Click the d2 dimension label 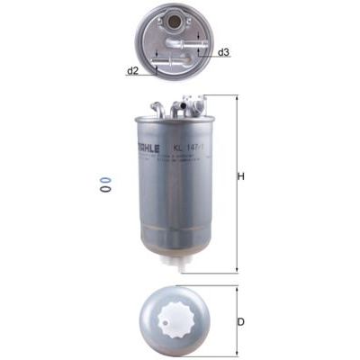tap(132, 69)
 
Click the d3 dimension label tap(223, 52)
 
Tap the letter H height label tap(241, 177)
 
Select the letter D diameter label tap(240, 321)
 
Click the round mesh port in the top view tap(168, 22)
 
